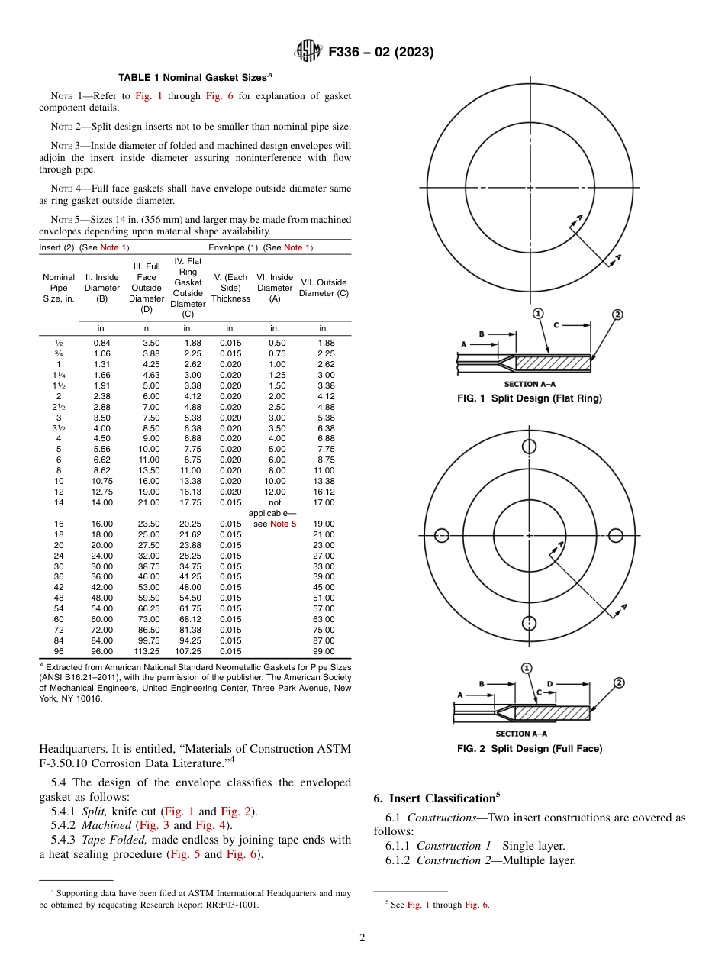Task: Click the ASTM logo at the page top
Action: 308,52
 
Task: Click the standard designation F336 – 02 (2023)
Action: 381,53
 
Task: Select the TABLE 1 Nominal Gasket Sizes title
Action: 195,77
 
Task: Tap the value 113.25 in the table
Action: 147,651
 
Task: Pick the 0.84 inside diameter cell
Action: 101,343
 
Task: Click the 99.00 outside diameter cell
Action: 324,651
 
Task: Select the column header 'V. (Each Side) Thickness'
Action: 230,288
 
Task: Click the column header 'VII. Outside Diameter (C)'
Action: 324,288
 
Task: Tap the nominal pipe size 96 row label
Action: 59,651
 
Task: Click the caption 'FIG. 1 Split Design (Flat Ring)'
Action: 530,398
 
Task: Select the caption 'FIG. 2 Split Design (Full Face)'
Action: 530,749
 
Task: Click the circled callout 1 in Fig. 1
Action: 538,314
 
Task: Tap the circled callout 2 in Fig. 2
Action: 619,682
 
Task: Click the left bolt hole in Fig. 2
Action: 441,535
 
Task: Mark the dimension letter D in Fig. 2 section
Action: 549,684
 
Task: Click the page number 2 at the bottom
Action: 362,938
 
